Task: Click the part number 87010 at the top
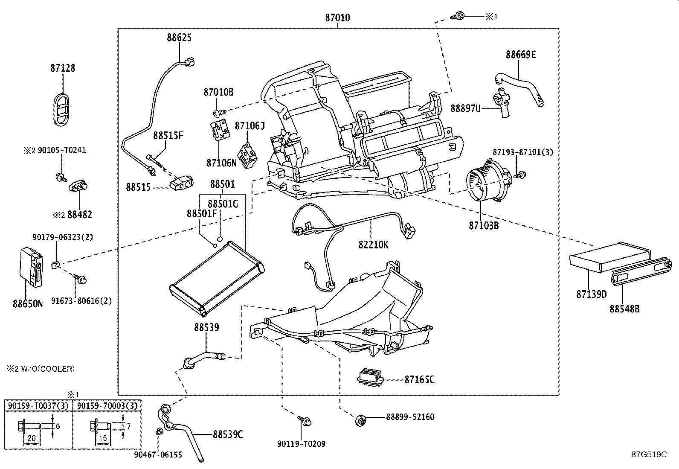pyautogui.click(x=337, y=18)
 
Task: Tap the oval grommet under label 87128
pyautogui.click(x=63, y=108)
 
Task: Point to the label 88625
pyautogui.click(x=179, y=38)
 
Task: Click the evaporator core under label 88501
pyautogui.click(x=217, y=277)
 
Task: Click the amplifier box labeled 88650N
pyautogui.click(x=33, y=265)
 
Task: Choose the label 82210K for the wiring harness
pyautogui.click(x=373, y=245)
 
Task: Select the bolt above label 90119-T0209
pyautogui.click(x=306, y=421)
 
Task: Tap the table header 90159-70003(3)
pyautogui.click(x=107, y=405)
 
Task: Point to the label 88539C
pyautogui.click(x=228, y=434)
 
